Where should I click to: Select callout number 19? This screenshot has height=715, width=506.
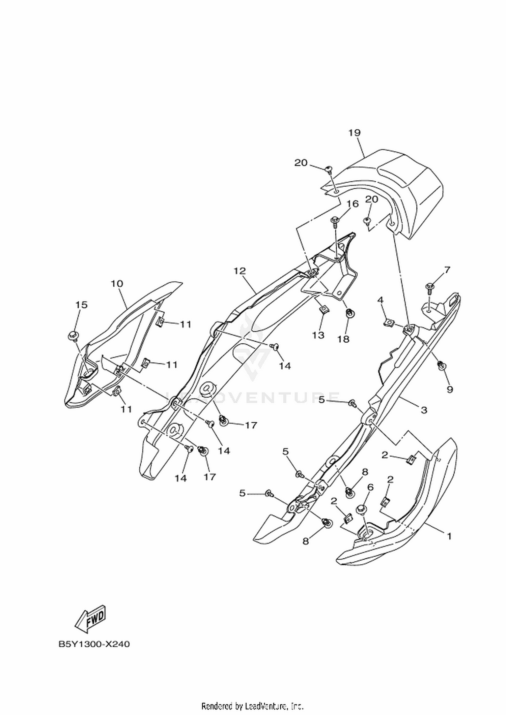click(355, 132)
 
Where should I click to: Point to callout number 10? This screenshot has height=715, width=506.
click(117, 284)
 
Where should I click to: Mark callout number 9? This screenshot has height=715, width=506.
click(450, 390)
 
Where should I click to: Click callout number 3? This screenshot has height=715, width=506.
click(424, 410)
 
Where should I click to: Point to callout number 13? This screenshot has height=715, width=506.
click(318, 335)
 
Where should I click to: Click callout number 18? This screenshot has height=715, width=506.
click(343, 339)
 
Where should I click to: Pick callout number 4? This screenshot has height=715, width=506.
click(380, 300)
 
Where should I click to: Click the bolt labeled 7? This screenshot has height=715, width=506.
click(430, 288)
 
